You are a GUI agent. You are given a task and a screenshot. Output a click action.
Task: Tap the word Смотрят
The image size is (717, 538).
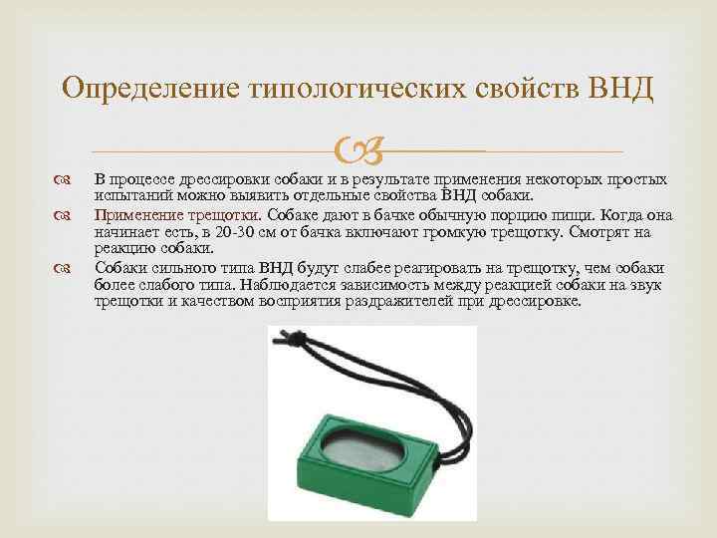coord(601,231)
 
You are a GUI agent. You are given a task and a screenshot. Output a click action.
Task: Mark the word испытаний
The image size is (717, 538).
coord(128,196)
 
